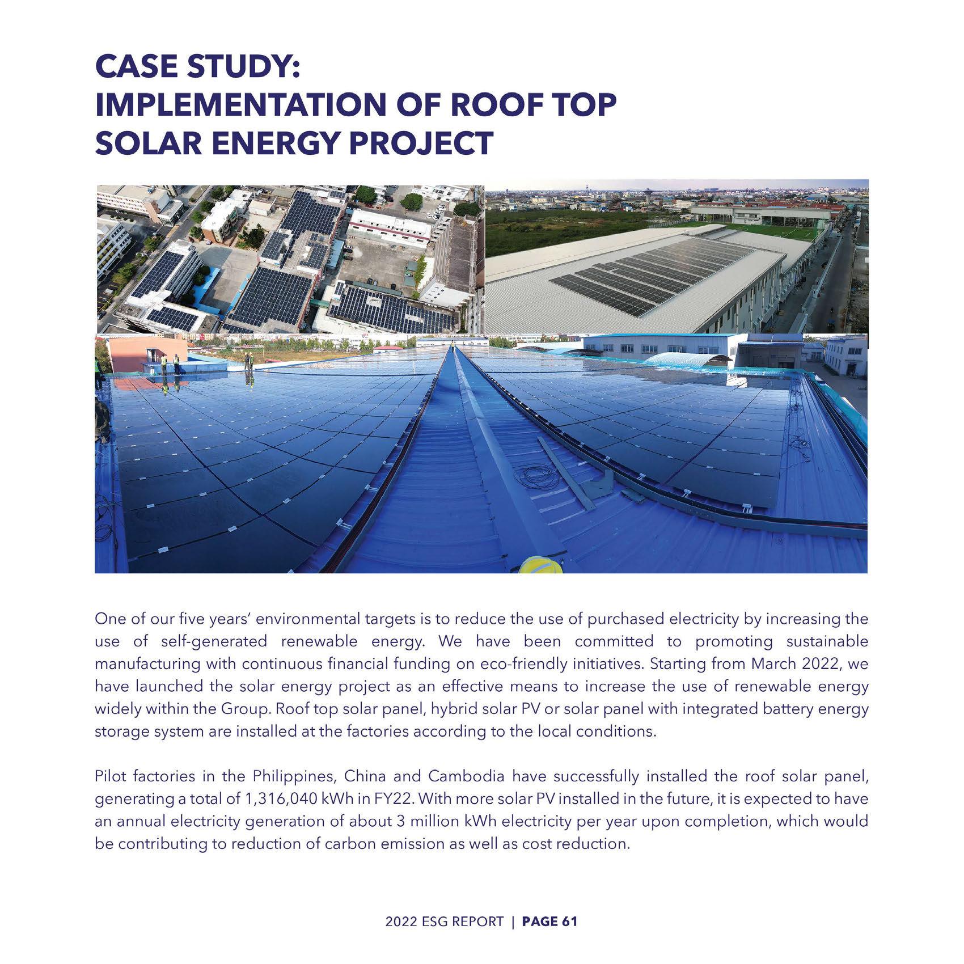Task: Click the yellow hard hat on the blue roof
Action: pos(540,565)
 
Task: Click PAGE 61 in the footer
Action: pos(549,921)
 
